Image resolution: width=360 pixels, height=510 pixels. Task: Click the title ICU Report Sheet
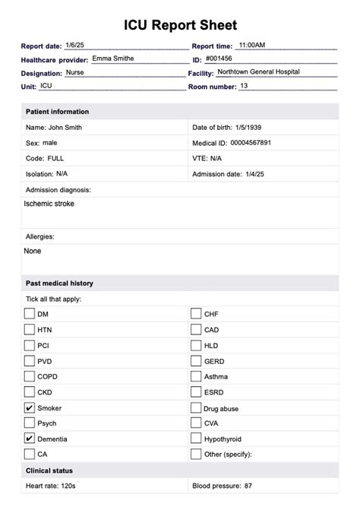point(180,26)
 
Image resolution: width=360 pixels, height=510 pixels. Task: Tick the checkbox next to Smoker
point(30,408)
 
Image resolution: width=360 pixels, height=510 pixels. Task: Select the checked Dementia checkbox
point(30,439)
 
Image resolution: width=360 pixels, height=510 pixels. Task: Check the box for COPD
point(30,376)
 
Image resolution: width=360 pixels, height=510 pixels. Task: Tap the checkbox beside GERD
point(196,360)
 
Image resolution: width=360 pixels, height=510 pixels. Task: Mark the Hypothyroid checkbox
point(196,439)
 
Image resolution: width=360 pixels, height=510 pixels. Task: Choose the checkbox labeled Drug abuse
point(196,408)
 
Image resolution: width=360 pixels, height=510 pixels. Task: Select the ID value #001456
point(220,59)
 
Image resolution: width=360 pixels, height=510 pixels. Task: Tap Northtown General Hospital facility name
point(258,71)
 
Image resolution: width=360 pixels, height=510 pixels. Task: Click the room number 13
point(244,86)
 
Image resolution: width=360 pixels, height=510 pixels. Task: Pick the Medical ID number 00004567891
point(250,143)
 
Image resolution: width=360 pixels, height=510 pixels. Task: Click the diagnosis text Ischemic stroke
point(49,204)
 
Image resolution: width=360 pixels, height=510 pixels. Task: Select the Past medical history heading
point(59,284)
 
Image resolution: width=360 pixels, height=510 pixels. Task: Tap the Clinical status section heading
point(49,471)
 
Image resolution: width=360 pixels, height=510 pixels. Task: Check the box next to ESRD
point(196,392)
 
